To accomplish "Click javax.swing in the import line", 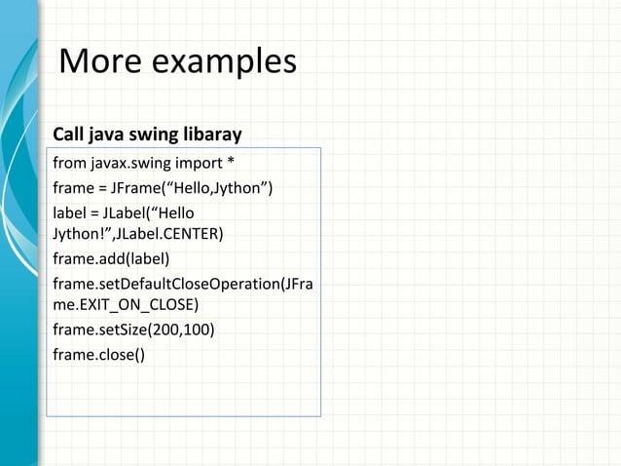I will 128,161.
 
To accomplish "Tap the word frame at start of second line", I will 72,186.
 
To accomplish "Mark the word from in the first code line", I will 67,161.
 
